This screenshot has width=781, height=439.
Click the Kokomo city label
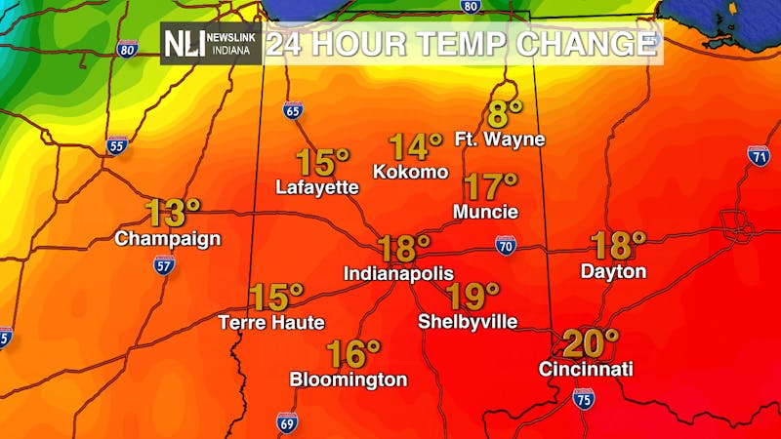pyautogui.click(x=411, y=172)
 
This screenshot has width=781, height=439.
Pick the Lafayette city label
pyautogui.click(x=317, y=186)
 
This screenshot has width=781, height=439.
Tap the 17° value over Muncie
pyautogui.click(x=489, y=185)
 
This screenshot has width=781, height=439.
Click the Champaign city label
pyautogui.click(x=168, y=238)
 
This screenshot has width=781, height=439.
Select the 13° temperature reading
pyautogui.click(x=173, y=211)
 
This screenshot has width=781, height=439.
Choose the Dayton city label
pyautogui.click(x=613, y=271)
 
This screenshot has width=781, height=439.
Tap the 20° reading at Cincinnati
pyautogui.click(x=590, y=342)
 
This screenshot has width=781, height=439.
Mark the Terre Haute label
pyautogui.click(x=271, y=322)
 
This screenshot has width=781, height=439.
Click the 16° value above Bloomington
pyautogui.click(x=352, y=352)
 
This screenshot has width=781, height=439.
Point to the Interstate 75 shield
pyautogui.click(x=584, y=397)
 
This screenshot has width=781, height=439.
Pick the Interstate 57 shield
pyautogui.click(x=164, y=263)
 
